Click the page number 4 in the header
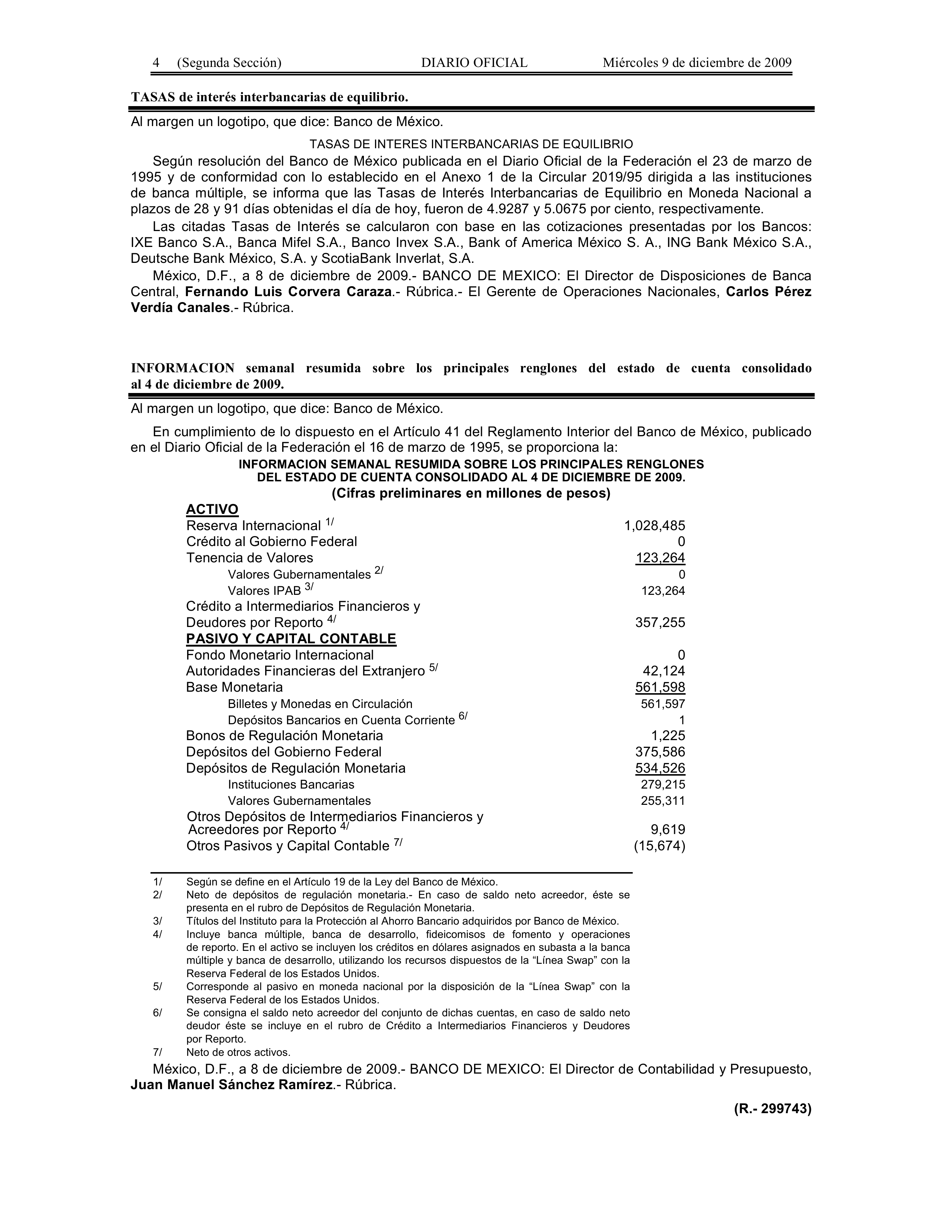(156, 62)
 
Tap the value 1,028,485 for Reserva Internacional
(654, 526)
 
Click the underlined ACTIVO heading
(212, 509)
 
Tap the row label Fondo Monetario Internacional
(280, 655)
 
